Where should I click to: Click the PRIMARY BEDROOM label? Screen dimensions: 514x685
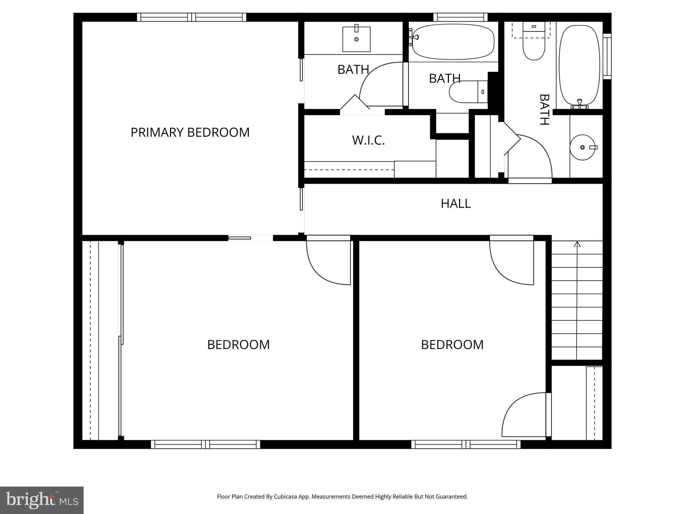(190, 133)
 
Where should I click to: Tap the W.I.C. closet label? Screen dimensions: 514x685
(368, 140)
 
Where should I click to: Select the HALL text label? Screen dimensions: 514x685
(456, 203)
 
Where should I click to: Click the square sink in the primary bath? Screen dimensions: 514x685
(356, 39)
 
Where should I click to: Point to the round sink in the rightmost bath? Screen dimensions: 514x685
(583, 147)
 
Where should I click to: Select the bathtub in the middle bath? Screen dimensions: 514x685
(453, 42)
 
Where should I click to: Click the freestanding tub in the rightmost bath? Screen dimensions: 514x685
(579, 65)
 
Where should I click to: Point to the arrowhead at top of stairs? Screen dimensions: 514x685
(577, 244)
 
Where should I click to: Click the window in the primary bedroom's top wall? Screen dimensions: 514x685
(191, 17)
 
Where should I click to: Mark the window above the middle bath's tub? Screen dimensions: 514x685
(460, 17)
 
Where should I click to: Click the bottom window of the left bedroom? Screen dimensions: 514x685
(205, 444)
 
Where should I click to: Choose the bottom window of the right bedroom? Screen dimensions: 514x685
(466, 444)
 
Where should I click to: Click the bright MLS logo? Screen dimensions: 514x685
(41, 500)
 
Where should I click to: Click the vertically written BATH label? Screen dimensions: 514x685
(545, 110)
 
